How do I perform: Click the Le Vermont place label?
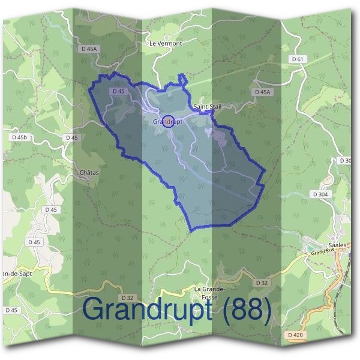click(x=166, y=44)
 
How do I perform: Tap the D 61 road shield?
click(x=298, y=59)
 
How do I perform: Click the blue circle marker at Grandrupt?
click(x=169, y=121)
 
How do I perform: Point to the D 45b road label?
click(x=20, y=137)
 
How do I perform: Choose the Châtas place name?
click(x=89, y=172)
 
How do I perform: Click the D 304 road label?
click(x=320, y=194)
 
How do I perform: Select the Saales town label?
click(x=338, y=245)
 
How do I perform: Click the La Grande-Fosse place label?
click(x=209, y=292)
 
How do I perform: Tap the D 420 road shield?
click(x=295, y=334)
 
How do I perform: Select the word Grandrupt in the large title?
click(x=146, y=310)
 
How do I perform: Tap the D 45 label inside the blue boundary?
click(x=118, y=91)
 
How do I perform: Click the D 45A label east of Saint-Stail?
click(x=263, y=92)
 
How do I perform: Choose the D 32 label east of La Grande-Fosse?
click(x=261, y=282)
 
